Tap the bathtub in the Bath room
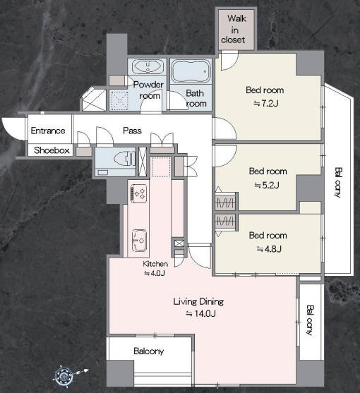pos(191,71)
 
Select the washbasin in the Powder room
pos(148,66)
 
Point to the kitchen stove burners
pos(138,193)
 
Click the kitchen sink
pos(139,240)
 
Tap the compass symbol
pos(65,375)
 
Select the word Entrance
pos(48,131)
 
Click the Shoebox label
pos(52,150)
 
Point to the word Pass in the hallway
pos(132,131)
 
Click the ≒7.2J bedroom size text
pos(266,103)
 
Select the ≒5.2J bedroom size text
pos(267,185)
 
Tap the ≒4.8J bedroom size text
pos(269,249)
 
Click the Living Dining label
pos(198,301)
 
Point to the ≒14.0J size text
pos(200,313)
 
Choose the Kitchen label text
pos(155,264)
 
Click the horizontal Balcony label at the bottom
pos(149,351)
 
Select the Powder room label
pos(148,90)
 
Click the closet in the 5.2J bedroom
pos(225,202)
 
